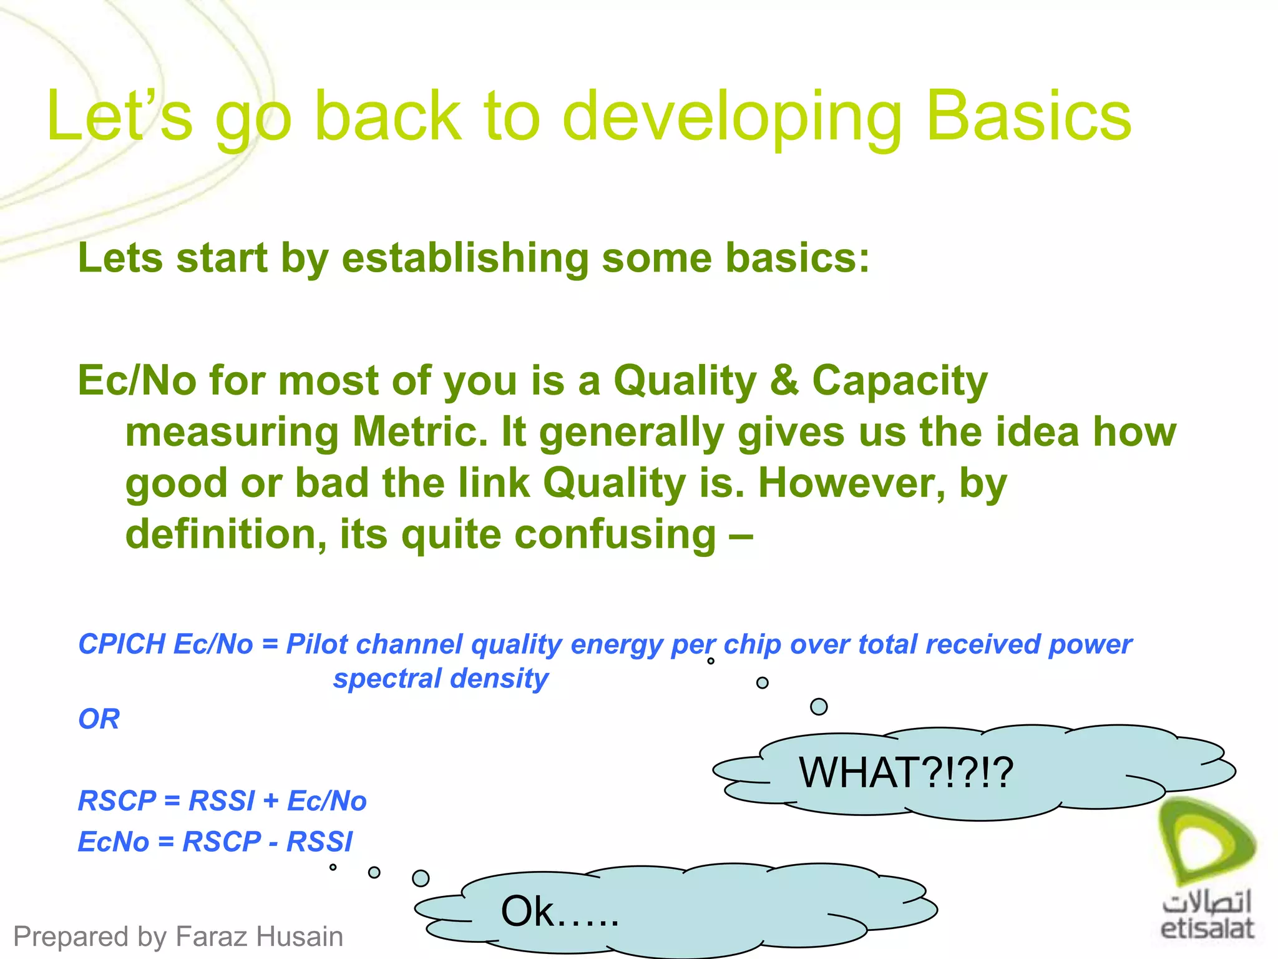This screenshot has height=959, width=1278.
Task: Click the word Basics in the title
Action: click(x=1028, y=116)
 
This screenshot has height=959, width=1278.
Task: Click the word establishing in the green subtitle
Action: click(x=465, y=258)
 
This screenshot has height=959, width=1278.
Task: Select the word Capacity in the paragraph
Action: click(x=900, y=381)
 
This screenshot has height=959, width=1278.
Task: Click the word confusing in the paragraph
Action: click(x=559, y=536)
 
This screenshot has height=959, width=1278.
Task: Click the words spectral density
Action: click(x=441, y=679)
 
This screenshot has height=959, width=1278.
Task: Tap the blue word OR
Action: click(x=99, y=719)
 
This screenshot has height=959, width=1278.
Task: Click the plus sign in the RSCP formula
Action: click(x=271, y=801)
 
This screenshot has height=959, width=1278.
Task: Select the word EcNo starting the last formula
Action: click(x=113, y=842)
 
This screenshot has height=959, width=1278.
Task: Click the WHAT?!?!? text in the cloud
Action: click(x=906, y=773)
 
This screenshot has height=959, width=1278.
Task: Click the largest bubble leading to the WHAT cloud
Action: click(x=818, y=707)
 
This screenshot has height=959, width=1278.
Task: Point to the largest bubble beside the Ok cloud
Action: click(x=421, y=878)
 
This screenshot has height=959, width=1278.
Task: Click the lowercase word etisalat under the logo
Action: click(x=1206, y=928)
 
